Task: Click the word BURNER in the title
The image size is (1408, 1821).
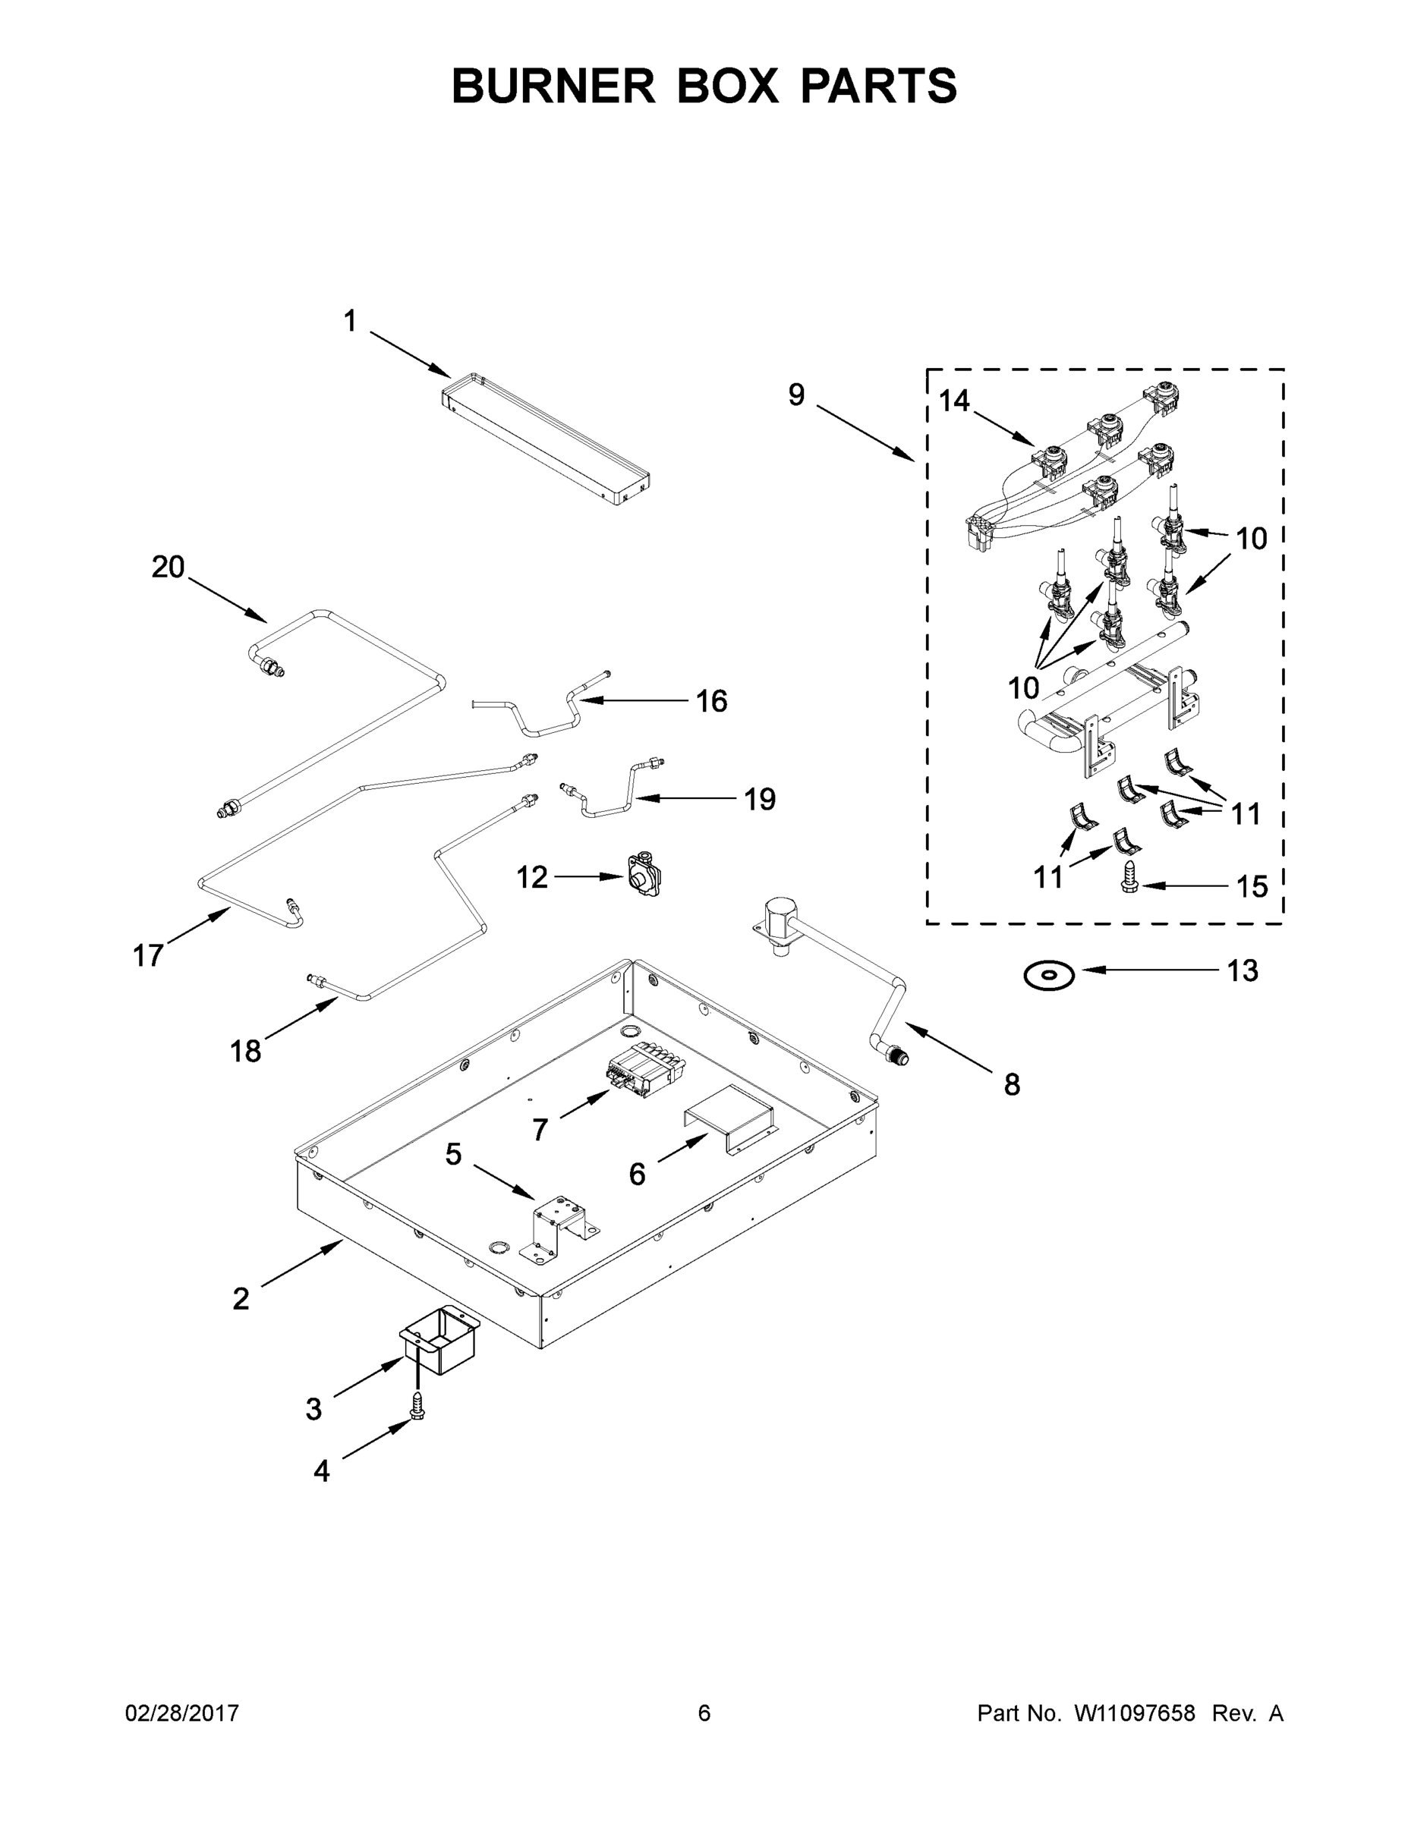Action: pos(553,86)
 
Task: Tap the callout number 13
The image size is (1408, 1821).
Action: pos(1242,970)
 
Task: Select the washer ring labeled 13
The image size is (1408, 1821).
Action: pos(1049,975)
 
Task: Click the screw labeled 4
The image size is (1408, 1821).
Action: pos(417,1409)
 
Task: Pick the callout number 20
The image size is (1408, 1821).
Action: pos(168,568)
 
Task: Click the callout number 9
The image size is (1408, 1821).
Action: pos(796,395)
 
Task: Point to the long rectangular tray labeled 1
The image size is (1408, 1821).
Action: pos(547,439)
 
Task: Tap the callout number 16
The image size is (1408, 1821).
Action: pos(711,701)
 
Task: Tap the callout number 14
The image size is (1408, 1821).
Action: pos(954,401)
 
